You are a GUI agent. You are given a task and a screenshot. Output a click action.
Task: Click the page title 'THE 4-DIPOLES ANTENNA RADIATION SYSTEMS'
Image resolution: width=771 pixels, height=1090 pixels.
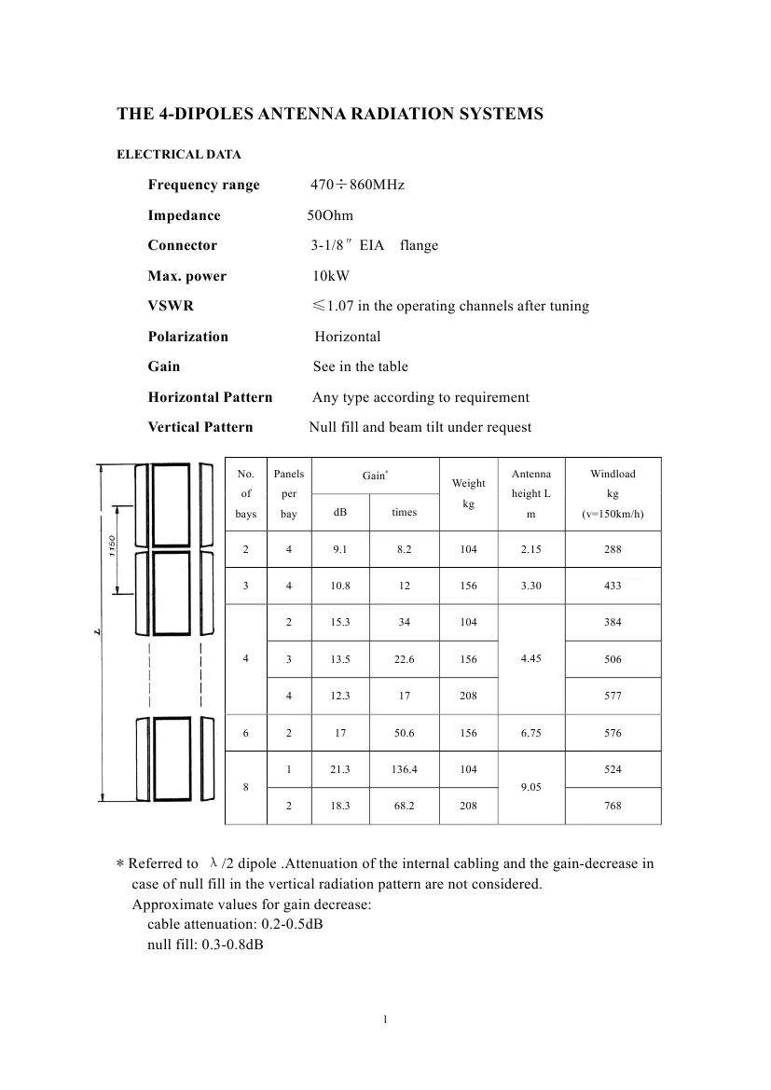pos(329,114)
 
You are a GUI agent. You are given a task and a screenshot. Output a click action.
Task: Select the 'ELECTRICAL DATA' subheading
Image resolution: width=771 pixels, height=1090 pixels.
pos(178,155)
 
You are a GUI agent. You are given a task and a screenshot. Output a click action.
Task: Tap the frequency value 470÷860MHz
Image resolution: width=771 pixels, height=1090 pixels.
pos(357,185)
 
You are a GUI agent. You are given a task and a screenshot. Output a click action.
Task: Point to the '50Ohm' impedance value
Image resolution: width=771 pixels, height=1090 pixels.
pos(330,215)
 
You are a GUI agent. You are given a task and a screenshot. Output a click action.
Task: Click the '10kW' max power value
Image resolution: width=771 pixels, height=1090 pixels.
pos(331,276)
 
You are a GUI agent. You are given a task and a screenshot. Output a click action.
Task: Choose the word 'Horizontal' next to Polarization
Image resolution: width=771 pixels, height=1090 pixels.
pos(347,337)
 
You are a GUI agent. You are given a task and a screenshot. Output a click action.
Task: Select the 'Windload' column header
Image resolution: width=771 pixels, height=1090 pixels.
pos(613,474)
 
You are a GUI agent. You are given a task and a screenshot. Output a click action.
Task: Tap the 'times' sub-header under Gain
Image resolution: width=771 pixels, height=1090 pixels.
pos(404,512)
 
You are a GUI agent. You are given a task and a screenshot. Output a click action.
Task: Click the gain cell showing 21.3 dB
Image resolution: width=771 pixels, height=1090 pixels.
pos(340,769)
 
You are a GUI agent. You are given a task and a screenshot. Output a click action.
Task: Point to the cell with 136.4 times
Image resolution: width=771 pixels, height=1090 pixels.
pos(404,769)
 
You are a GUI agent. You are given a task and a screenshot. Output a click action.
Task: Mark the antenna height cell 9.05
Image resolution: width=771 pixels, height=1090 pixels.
pos(530,788)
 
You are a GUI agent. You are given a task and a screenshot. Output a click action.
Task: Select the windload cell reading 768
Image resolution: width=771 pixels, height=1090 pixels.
pos(613,807)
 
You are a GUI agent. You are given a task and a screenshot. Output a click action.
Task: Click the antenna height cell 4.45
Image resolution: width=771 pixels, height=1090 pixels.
pos(530,659)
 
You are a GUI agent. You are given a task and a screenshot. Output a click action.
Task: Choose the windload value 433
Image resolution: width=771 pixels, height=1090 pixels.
pos(613,586)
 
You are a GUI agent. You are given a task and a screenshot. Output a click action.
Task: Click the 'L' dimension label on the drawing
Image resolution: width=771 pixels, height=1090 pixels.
pos(97,634)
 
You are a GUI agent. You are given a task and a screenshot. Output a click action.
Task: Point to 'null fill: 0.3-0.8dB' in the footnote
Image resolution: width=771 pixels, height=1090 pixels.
pos(204,944)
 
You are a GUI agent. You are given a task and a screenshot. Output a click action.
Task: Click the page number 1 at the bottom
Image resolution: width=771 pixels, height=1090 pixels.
pos(385,1018)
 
